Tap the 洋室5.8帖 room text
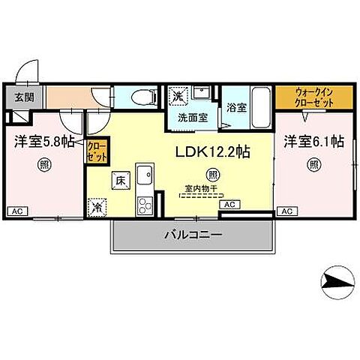43,140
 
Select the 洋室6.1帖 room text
313,140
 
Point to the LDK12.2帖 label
212,151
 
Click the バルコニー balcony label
193,235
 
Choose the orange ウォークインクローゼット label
304,96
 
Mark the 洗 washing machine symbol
178,96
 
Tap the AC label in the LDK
229,203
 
